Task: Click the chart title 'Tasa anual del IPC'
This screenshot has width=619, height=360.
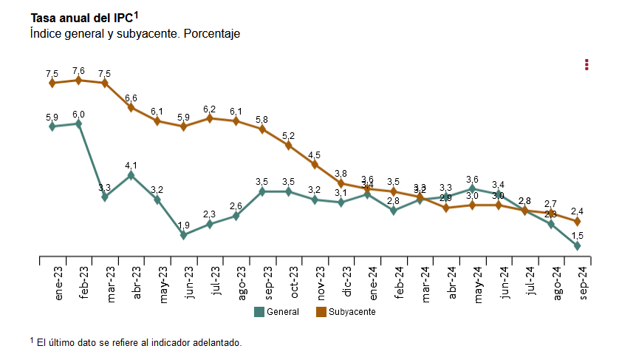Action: click(x=81, y=18)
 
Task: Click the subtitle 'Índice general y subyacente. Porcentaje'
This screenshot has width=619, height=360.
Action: click(x=135, y=34)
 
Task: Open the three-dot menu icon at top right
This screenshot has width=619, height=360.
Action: click(x=586, y=64)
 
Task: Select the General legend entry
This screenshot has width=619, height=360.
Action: click(x=277, y=312)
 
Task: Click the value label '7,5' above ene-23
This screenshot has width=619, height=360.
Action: click(x=52, y=74)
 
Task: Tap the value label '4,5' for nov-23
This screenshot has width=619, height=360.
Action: click(x=315, y=155)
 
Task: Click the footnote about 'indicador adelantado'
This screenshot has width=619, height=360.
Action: click(x=136, y=342)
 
